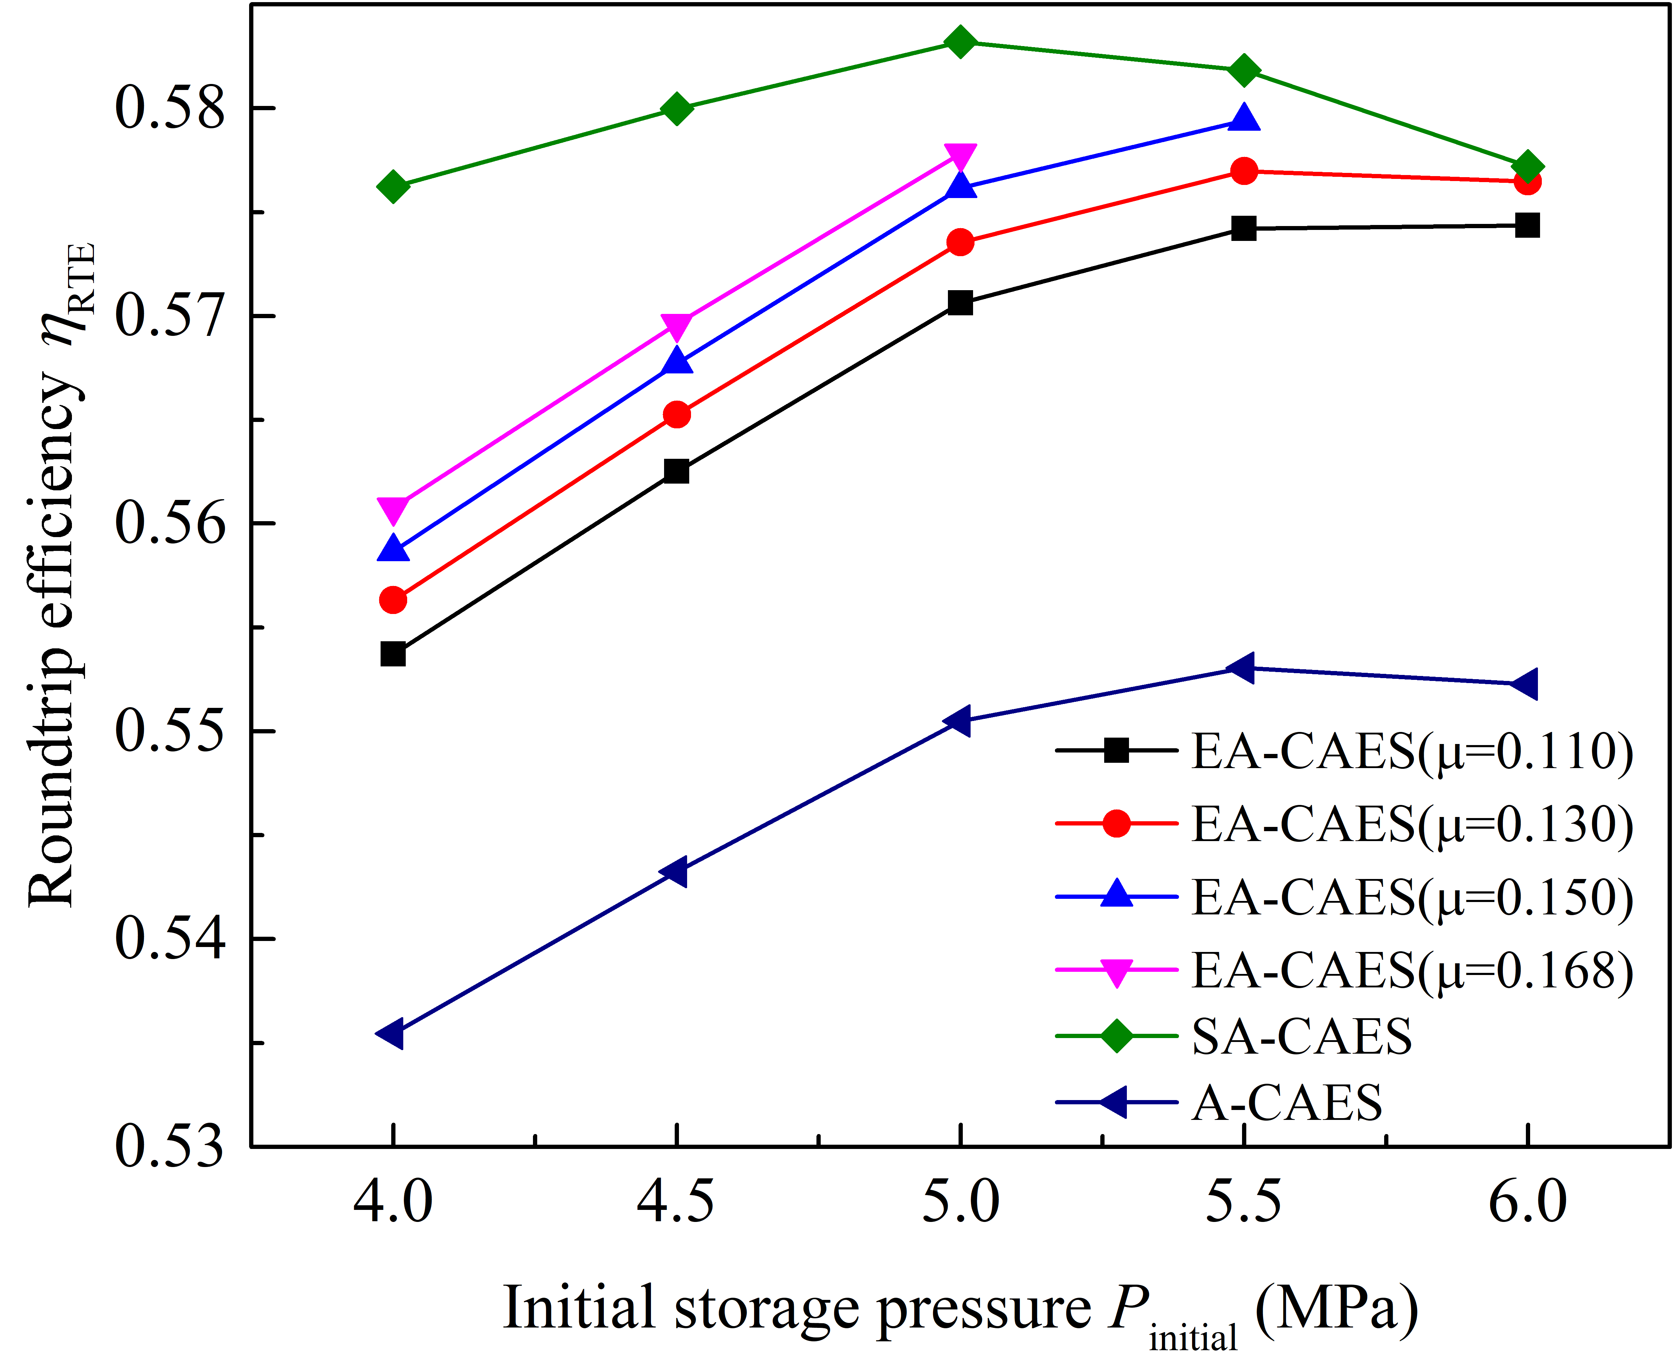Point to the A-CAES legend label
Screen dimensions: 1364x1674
(x=1287, y=1103)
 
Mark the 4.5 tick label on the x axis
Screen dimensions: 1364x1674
(x=676, y=1203)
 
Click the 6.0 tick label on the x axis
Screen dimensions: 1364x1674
(x=1527, y=1203)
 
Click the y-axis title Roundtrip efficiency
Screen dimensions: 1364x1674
(x=55, y=574)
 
